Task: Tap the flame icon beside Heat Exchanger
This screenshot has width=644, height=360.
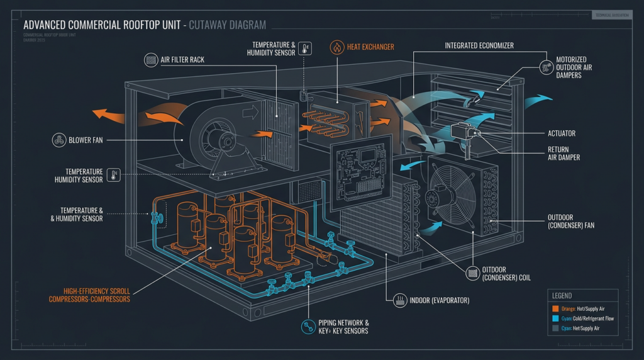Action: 336,47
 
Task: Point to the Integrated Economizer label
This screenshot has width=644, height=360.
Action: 479,46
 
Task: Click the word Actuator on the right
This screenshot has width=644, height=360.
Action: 561,133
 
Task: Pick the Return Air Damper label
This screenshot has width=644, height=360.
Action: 563,153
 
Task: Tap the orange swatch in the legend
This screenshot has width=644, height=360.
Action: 556,308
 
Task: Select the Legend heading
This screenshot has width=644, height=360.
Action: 562,295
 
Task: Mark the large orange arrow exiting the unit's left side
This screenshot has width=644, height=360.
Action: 107,114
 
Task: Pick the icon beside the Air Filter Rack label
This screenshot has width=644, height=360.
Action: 152,60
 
